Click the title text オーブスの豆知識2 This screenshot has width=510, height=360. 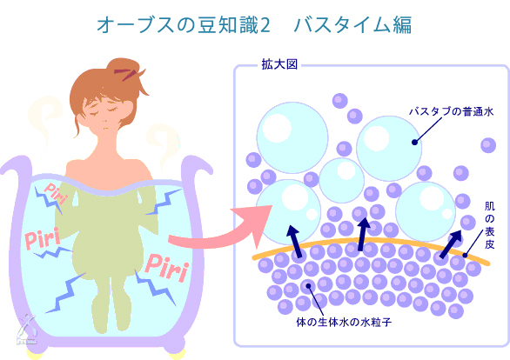184,25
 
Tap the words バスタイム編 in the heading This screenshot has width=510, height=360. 352,25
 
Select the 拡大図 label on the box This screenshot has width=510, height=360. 279,64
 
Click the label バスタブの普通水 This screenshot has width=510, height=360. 451,111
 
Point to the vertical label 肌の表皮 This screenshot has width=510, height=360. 489,225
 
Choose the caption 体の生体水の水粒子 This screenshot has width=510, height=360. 344,323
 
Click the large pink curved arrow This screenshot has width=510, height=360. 221,229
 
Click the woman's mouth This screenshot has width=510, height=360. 105,127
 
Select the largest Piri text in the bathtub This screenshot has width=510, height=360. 166,268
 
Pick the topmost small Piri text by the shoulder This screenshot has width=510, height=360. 56,193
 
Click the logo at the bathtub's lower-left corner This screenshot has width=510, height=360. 27,330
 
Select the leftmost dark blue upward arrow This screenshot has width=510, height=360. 294,240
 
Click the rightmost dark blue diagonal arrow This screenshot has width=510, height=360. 451,243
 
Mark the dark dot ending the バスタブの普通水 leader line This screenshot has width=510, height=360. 414,142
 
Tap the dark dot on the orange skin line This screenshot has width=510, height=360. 465,256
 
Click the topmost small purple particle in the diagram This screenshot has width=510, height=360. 340,101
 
